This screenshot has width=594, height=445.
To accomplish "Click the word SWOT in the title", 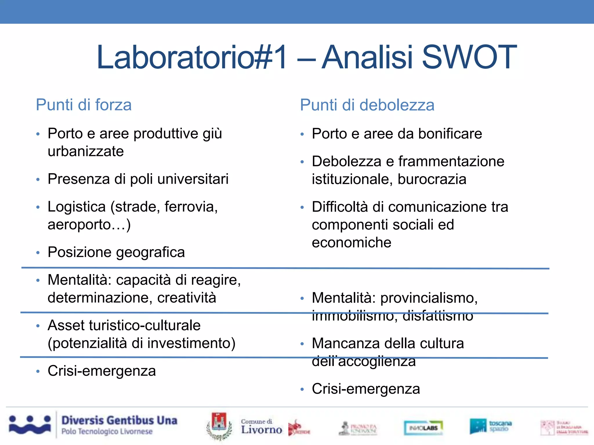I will click(469, 57).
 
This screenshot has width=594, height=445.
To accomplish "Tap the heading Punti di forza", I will click(84, 105).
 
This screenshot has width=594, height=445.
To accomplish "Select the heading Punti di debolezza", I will click(367, 105).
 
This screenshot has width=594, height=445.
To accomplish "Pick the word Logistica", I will click(77, 207).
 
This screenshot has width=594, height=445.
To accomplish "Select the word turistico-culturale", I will click(145, 325).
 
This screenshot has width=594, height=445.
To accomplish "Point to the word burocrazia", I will click(432, 179).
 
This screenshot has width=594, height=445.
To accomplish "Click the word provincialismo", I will click(429, 298).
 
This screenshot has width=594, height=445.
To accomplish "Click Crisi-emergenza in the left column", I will click(102, 371).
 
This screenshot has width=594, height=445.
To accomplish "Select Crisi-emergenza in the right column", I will click(366, 389).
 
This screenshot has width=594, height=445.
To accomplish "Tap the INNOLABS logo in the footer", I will click(423, 428).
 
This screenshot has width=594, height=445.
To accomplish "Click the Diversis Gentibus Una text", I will click(119, 420).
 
